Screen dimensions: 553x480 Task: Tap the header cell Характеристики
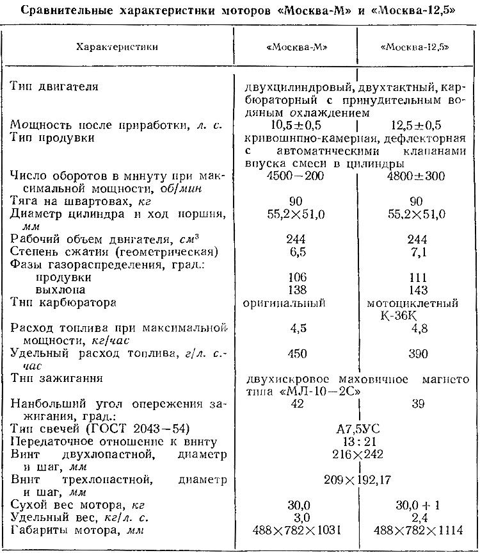[x=116, y=47]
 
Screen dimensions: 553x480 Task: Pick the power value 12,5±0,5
[x=418, y=126]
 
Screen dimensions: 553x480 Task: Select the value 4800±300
[x=418, y=176]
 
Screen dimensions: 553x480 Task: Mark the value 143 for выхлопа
[x=418, y=290]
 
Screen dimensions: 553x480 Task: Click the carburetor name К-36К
[x=418, y=315]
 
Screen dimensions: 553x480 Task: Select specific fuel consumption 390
[x=418, y=353]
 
